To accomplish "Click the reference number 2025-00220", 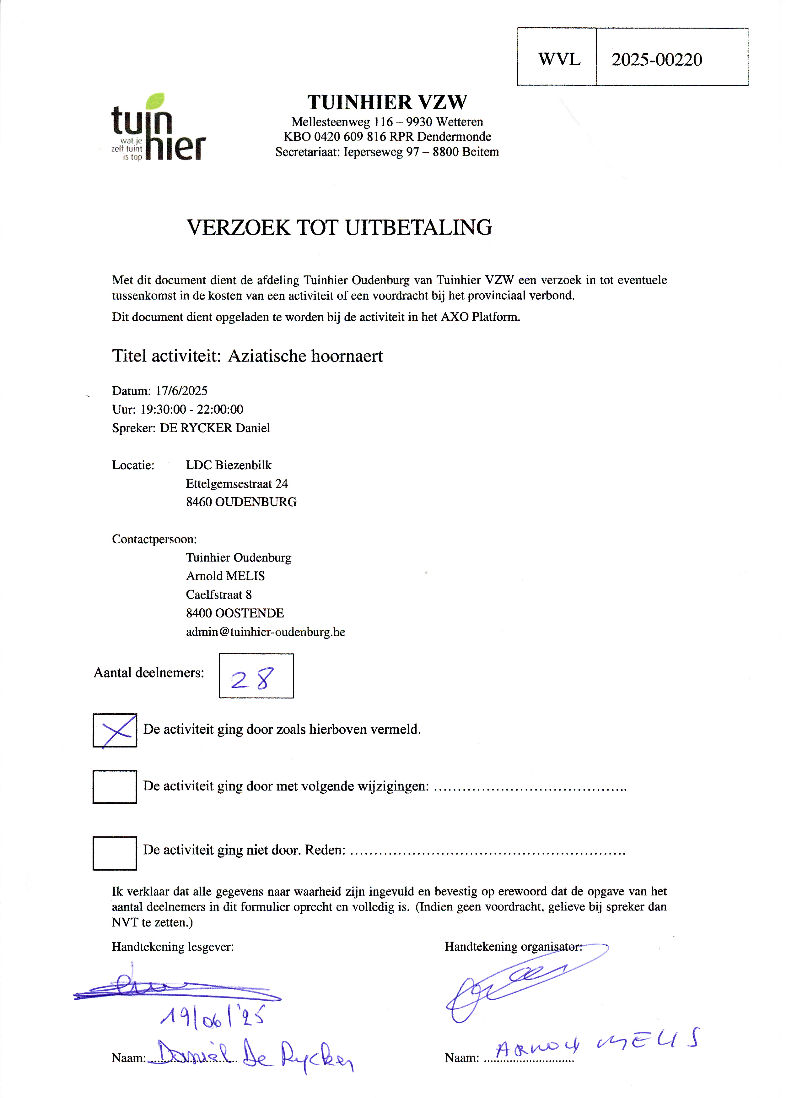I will click(x=656, y=60).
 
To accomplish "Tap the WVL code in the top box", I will click(x=559, y=60).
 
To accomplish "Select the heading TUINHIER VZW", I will click(x=387, y=102).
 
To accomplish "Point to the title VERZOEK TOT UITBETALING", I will click(x=339, y=227).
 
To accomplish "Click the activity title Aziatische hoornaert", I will click(x=305, y=356).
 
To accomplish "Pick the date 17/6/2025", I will click(x=181, y=391).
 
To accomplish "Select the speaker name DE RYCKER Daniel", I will click(x=215, y=428).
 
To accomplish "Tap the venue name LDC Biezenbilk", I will click(x=229, y=465).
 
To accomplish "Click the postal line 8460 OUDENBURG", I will click(x=241, y=502).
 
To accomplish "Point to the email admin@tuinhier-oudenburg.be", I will click(x=266, y=632).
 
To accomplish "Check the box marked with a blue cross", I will click(x=115, y=730).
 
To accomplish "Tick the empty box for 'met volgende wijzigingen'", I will click(x=115, y=787).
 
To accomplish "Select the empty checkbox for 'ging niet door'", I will click(x=115, y=853).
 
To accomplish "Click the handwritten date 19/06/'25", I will click(x=213, y=1017).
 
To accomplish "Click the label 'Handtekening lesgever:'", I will click(x=173, y=947).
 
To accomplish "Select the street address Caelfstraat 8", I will click(x=219, y=595).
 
